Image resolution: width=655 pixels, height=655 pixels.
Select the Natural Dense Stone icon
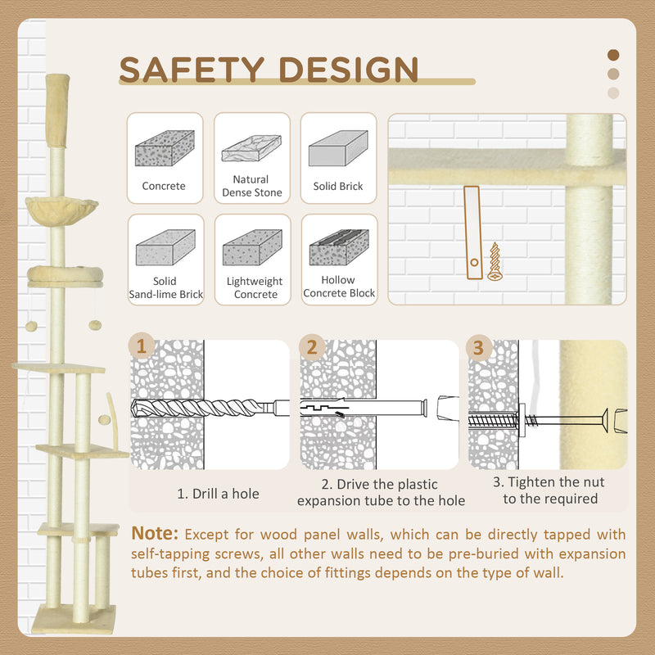point(251,148)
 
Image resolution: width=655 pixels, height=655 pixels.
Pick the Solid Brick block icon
point(338,148)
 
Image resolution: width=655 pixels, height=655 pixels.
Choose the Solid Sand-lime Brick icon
point(165,247)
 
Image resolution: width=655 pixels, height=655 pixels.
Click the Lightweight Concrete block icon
point(252,247)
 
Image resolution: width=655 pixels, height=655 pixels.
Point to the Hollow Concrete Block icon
point(338,247)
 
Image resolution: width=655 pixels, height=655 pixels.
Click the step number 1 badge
point(142,346)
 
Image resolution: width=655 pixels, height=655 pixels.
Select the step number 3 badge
point(478,346)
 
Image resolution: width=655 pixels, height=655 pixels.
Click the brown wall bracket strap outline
point(472,233)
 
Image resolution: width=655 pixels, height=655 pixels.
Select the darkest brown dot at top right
point(613,55)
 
